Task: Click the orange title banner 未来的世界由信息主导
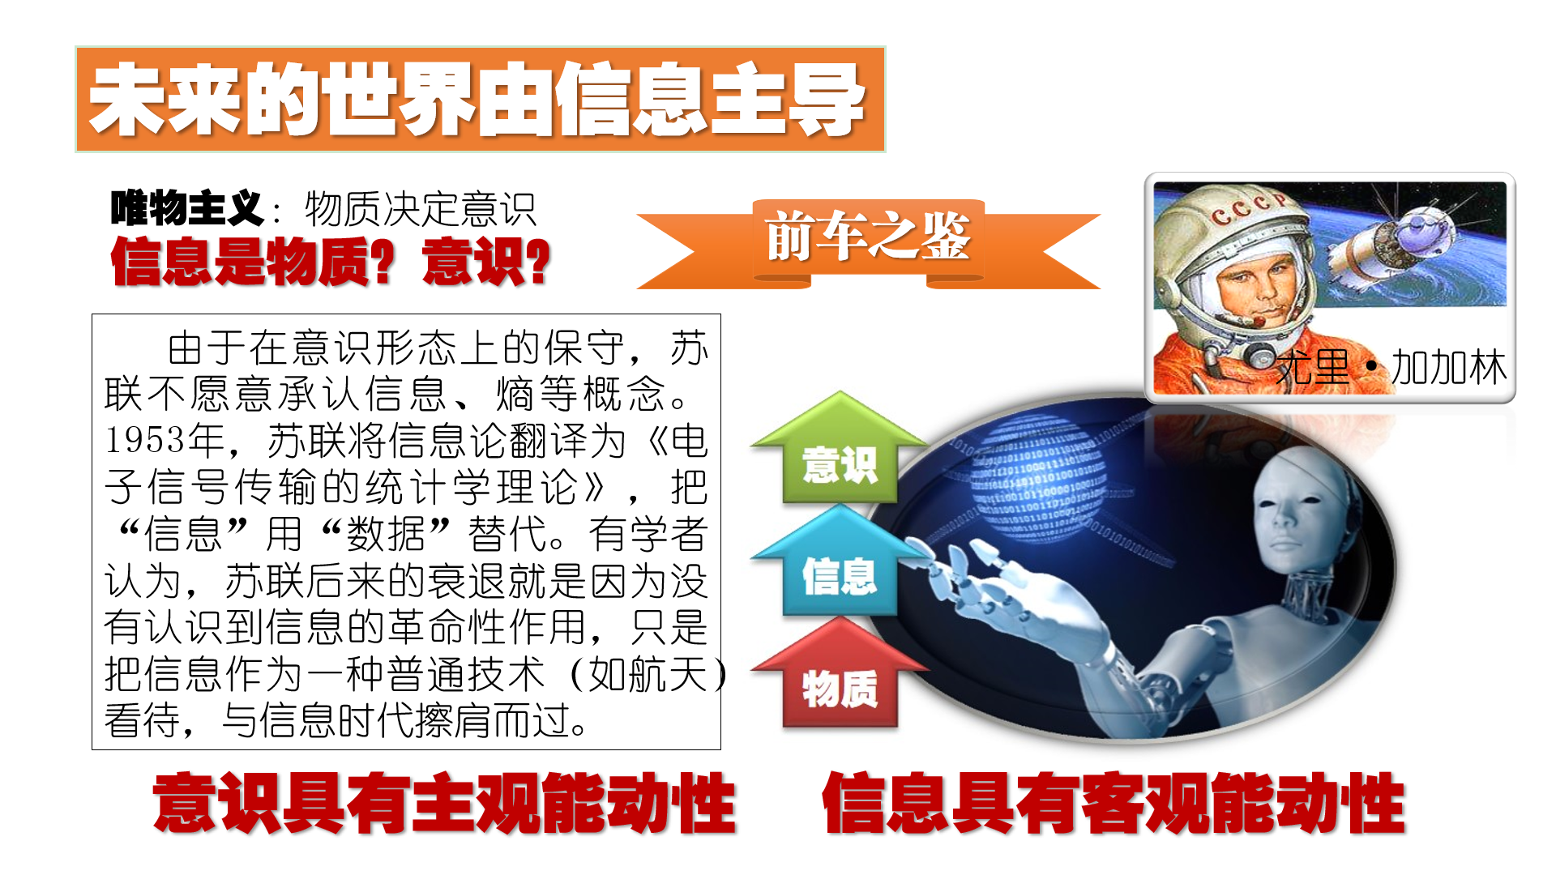(x=480, y=99)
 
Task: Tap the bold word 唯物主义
(x=187, y=208)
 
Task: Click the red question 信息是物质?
(x=253, y=262)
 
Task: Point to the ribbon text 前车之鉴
(x=868, y=237)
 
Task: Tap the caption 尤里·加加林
(x=1391, y=368)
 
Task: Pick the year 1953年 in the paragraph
(x=165, y=441)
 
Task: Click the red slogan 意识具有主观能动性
(x=444, y=803)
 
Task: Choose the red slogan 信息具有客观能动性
(x=1114, y=803)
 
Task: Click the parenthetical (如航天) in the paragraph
(x=649, y=674)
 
